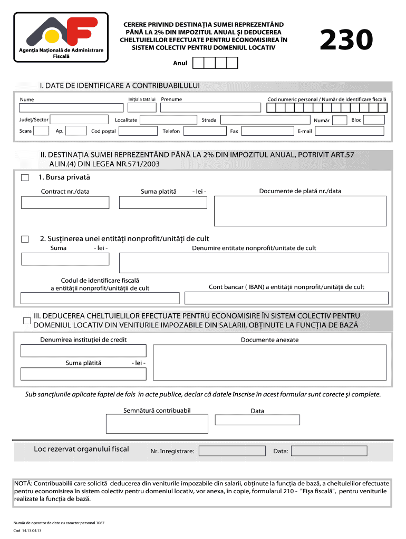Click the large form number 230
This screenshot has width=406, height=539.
pos(346,41)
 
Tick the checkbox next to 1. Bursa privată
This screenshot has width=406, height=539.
pos(25,178)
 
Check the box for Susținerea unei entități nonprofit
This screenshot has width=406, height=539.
pos(25,239)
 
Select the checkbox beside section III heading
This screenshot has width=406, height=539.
pos(26,321)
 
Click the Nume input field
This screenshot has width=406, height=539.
pos(71,108)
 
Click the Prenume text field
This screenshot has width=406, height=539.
pos(210,108)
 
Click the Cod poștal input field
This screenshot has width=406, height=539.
pos(137,131)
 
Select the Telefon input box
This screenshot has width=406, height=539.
pos(205,131)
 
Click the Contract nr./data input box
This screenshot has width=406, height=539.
pos(65,203)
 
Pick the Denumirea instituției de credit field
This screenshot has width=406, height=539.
pos(83,351)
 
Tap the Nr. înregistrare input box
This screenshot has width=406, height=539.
pos(231,451)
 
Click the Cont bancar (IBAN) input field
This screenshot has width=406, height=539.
pos(286,298)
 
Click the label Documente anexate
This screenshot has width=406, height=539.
pos(269,340)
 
